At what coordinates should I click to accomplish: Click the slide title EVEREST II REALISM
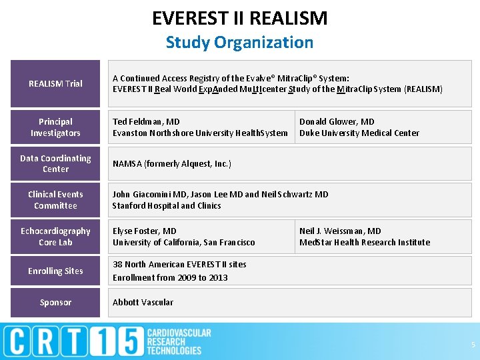point(240,18)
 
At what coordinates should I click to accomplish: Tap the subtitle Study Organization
point(239,42)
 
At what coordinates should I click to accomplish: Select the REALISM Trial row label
point(55,84)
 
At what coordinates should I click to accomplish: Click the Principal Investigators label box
point(55,127)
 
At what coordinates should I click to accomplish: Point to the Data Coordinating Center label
point(55,163)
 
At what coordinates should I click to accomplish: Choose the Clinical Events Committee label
point(55,200)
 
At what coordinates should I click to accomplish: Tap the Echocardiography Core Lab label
point(55,237)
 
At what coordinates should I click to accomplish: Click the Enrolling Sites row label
point(55,271)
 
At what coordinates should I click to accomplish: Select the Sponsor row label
point(55,303)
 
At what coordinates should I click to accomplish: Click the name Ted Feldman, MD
point(146,122)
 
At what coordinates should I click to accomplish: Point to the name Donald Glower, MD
point(337,122)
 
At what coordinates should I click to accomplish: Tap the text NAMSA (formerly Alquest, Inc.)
point(172,163)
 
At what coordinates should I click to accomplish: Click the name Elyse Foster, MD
point(145,231)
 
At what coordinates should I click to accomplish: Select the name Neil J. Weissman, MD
point(340,231)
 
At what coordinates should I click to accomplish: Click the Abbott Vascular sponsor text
point(143,303)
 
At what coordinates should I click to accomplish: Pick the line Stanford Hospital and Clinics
point(167,206)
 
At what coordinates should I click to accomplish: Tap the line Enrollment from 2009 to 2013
point(170,277)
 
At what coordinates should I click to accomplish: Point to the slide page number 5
point(473,345)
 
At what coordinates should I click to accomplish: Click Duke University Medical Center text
point(359,133)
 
